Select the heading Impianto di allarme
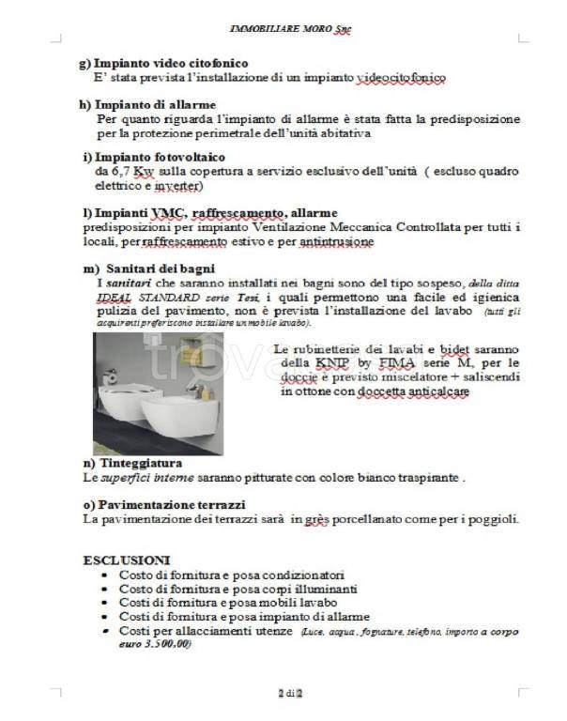pos(147,103)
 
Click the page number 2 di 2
pos(291,693)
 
